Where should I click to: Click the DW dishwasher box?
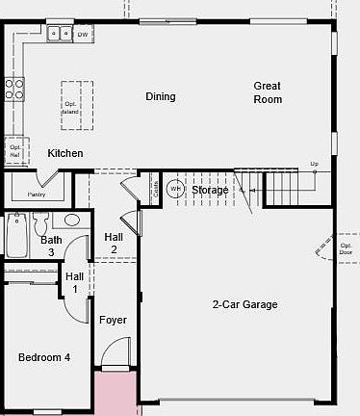[x=83, y=35]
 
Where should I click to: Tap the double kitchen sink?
[x=60, y=34]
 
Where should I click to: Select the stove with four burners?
[x=14, y=90]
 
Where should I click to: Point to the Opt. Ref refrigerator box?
[x=13, y=151]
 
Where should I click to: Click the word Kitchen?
[x=65, y=154]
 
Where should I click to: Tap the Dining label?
[x=161, y=96]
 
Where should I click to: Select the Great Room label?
[x=268, y=92]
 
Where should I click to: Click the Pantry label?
[x=37, y=195]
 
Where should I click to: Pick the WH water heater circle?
[x=175, y=189]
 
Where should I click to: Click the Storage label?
[x=210, y=191]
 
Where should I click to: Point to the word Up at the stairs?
[x=314, y=164]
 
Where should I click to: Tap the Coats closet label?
[x=155, y=189]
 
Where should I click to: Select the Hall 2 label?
[x=114, y=244]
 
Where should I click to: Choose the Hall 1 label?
[x=74, y=283]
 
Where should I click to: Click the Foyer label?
[x=114, y=320]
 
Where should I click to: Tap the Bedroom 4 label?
[x=44, y=357]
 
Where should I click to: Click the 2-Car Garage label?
[x=244, y=305]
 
